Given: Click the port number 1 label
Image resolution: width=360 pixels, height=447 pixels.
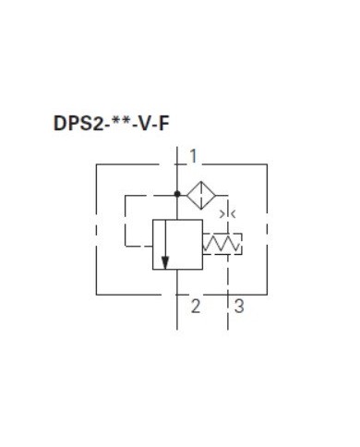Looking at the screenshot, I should point(192,154).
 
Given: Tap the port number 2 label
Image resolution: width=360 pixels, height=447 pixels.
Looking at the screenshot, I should point(195,306).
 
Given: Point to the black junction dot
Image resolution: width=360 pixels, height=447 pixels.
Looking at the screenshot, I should point(177,195).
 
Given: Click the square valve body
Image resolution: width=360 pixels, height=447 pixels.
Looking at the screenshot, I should point(178,245).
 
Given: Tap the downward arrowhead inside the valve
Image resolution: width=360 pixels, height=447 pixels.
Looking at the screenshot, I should point(166,262).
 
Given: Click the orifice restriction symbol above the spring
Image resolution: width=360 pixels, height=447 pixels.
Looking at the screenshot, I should point(229,214).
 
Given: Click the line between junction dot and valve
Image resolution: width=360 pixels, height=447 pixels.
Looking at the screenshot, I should point(177,208).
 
